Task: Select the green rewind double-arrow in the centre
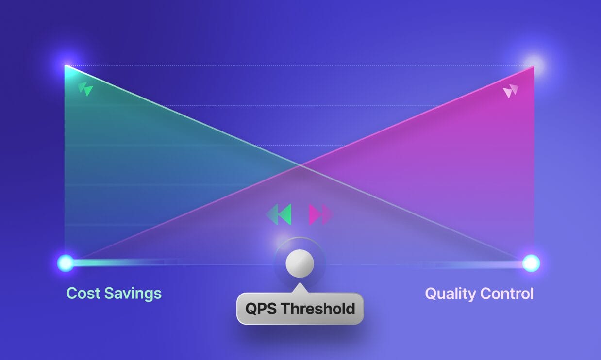pyautogui.click(x=279, y=214)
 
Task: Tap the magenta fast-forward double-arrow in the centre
pyautogui.click(x=321, y=214)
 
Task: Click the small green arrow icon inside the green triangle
pyautogui.click(x=85, y=89)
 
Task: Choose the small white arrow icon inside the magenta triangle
pyautogui.click(x=511, y=91)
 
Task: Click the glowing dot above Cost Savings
pyautogui.click(x=66, y=263)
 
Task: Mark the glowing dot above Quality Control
pyautogui.click(x=531, y=263)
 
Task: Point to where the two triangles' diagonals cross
pyautogui.click(x=300, y=165)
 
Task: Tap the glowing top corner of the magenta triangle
pyautogui.click(x=534, y=65)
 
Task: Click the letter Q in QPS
pyautogui.click(x=251, y=309)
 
